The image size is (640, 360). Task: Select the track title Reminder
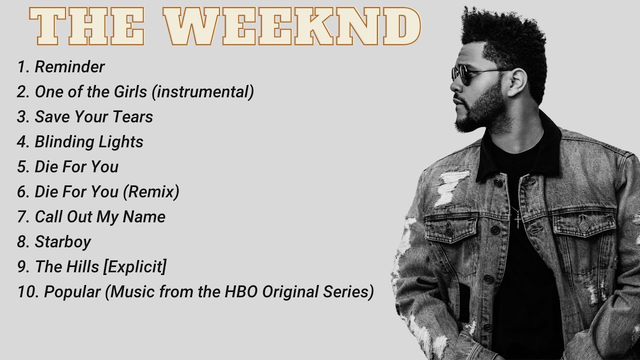[x=69, y=67]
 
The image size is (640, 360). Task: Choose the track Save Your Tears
[x=93, y=117]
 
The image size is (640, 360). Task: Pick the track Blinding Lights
[x=88, y=142]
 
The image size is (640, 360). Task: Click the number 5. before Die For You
[x=23, y=167]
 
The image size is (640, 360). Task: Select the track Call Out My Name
[x=99, y=217]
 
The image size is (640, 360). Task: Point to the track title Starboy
[x=62, y=242]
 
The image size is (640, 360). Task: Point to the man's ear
[x=516, y=82]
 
